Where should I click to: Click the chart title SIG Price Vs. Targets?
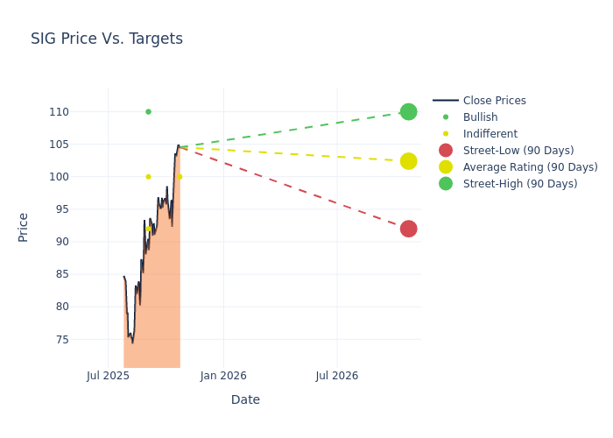click(x=107, y=39)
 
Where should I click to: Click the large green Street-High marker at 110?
click(x=408, y=112)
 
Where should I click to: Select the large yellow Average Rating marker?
click(x=408, y=161)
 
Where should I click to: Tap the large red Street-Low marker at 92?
click(x=408, y=229)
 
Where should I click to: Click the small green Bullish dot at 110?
click(x=148, y=112)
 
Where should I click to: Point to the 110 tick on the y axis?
click(x=83, y=112)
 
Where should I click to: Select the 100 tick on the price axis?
click(x=83, y=177)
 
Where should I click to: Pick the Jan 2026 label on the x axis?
click(x=223, y=376)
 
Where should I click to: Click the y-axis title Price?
click(x=24, y=227)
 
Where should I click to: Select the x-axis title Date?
click(x=245, y=400)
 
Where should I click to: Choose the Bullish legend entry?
click(x=480, y=117)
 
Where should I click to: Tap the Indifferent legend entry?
click(x=490, y=134)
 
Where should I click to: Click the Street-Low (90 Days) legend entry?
click(x=518, y=151)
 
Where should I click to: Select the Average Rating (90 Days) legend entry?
click(x=530, y=167)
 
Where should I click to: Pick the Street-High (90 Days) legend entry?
click(x=519, y=184)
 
